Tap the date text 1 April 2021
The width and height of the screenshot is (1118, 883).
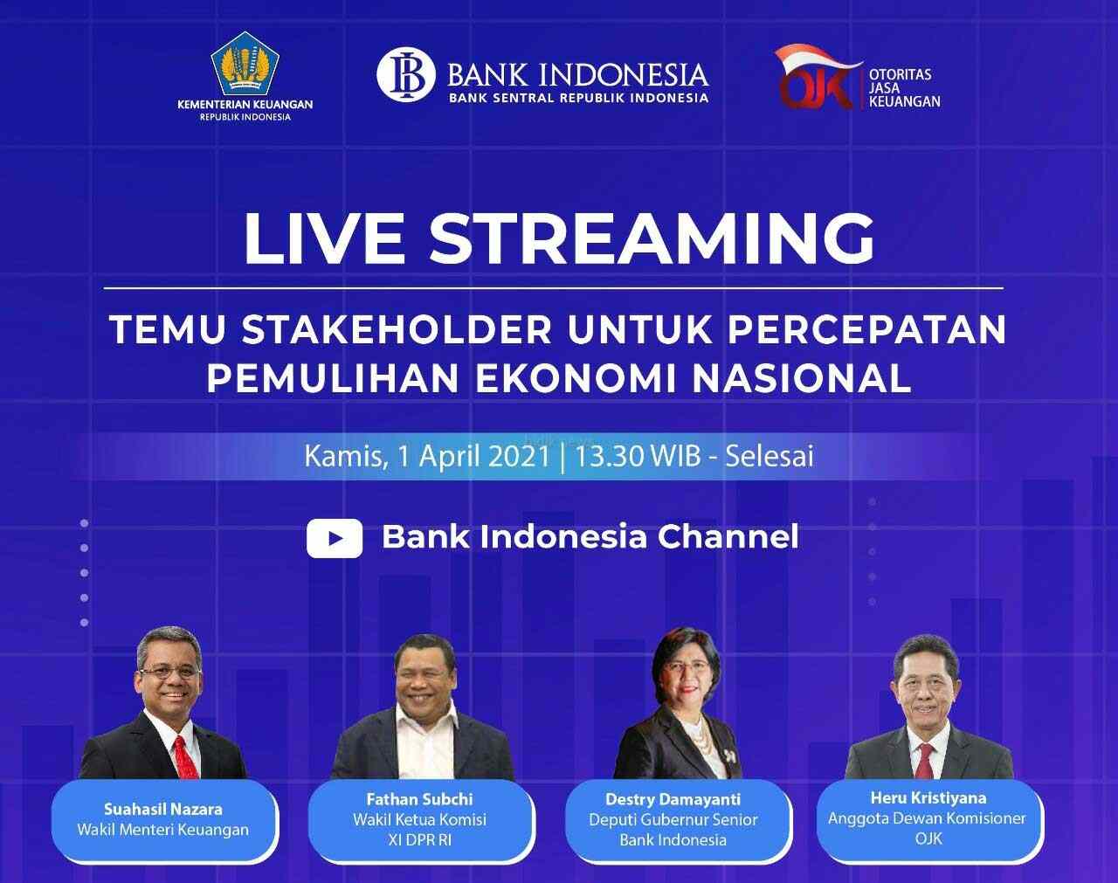[x=469, y=456]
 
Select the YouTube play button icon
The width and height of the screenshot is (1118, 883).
[x=335, y=538]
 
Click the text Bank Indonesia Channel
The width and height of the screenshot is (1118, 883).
[x=590, y=536]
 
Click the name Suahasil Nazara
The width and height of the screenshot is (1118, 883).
[x=163, y=809]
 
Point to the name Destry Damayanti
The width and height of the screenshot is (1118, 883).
[x=673, y=798]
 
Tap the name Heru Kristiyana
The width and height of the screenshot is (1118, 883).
[x=928, y=797]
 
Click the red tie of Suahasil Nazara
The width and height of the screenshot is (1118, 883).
[x=182, y=755]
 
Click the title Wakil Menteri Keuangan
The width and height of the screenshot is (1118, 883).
[x=163, y=830]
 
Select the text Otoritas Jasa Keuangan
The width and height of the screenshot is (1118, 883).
[x=905, y=88]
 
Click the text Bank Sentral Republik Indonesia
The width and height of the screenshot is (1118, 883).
[x=578, y=98]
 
